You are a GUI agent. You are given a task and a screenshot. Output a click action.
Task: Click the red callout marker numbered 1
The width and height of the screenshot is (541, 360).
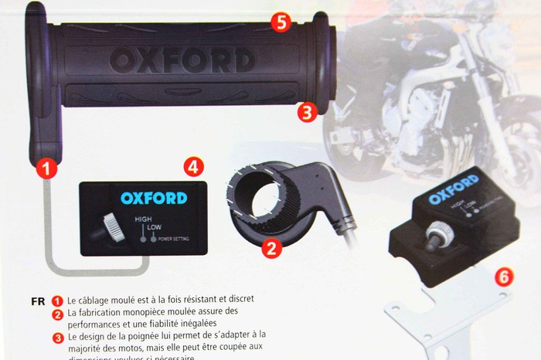(47, 168)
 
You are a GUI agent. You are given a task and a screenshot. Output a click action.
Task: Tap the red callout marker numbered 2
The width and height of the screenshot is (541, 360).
(270, 247)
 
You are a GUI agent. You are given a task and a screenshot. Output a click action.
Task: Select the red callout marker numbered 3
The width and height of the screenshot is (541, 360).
(308, 112)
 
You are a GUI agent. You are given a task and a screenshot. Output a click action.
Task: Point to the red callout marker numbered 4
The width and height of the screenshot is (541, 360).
(193, 165)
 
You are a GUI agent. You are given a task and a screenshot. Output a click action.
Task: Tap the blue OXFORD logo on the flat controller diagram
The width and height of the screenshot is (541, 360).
(153, 198)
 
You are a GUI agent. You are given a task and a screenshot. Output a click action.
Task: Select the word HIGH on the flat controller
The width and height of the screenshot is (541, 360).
(144, 219)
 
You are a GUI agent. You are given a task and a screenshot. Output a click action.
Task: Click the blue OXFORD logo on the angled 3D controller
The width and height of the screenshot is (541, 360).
(454, 190)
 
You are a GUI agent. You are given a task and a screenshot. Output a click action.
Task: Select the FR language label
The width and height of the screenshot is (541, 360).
(38, 301)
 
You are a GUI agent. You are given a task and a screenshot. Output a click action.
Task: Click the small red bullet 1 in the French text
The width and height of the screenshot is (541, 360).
(57, 301)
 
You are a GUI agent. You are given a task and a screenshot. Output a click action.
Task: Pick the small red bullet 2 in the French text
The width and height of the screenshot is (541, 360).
(57, 313)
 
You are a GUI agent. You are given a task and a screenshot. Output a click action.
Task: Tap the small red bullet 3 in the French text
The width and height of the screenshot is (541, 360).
(57, 336)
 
